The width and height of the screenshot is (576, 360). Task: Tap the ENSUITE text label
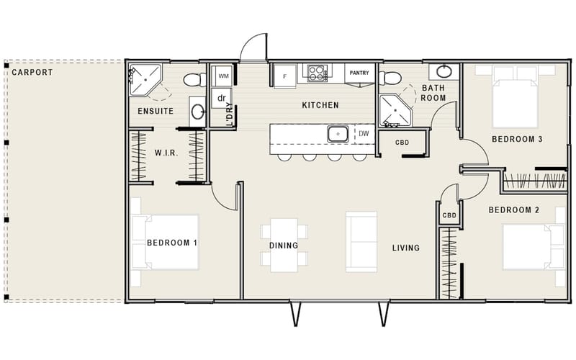155,112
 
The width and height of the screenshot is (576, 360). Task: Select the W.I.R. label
166,153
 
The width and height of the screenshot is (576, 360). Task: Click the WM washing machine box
223,75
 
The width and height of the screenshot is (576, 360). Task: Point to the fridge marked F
285,75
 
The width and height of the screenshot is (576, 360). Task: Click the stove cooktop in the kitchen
318,73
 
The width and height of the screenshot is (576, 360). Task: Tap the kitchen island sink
338,133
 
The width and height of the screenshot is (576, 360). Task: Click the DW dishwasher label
364,133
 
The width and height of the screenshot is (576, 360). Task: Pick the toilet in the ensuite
191,79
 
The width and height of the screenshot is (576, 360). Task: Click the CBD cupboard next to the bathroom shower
402,143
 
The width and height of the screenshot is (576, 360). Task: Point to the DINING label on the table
284,246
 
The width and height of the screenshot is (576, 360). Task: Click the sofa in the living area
361,241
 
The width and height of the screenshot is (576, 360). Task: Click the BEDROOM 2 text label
514,210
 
